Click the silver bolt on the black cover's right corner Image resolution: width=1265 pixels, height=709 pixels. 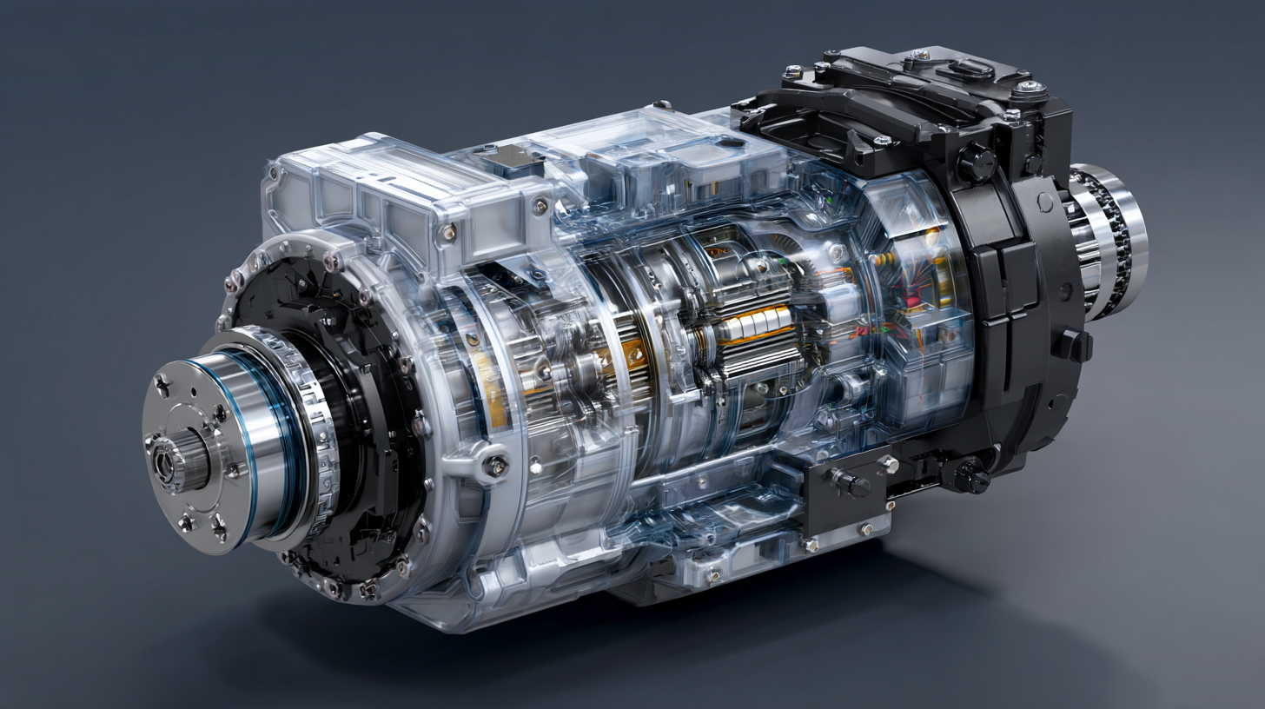(1030, 87)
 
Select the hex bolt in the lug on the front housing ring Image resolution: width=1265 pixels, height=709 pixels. (496, 465)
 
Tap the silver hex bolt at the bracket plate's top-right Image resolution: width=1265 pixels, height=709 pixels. (888, 465)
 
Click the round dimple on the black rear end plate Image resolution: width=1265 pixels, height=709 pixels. (1043, 202)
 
